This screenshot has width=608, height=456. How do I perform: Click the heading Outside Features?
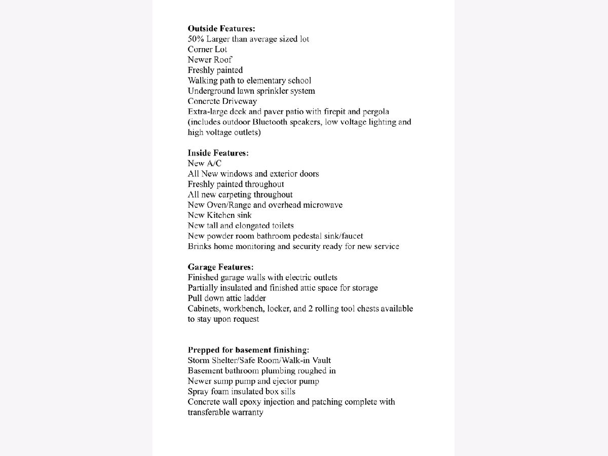(221, 29)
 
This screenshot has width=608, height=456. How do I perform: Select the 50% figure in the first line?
(195, 39)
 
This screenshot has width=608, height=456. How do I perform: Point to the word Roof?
(223, 60)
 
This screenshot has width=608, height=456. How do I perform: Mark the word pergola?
(375, 111)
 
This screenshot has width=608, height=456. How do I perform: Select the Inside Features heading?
(218, 153)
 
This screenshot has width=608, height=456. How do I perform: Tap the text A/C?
(214, 163)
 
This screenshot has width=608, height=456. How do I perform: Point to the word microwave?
(323, 205)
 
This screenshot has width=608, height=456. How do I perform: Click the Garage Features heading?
(220, 267)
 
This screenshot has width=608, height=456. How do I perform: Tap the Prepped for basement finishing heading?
(248, 350)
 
